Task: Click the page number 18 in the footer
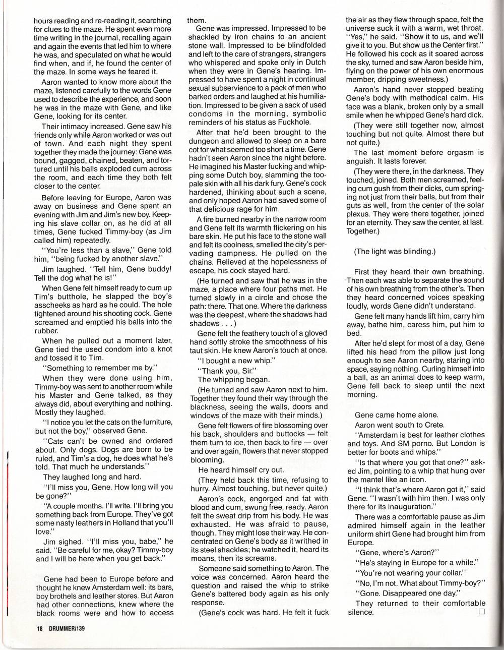[38, 629]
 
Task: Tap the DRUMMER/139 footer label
[67, 629]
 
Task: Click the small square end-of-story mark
[481, 612]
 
